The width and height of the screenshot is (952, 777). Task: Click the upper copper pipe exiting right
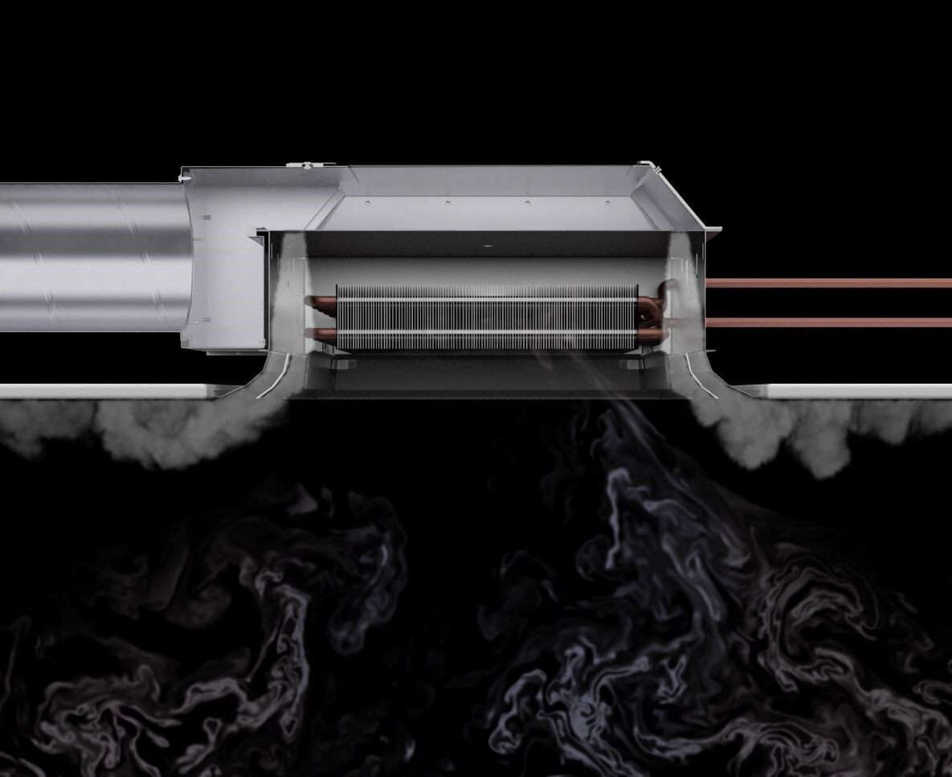point(827,283)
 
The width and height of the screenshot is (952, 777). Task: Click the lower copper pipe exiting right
point(827,322)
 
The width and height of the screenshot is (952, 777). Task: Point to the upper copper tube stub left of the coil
point(321,301)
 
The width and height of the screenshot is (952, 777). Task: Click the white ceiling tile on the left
point(104,391)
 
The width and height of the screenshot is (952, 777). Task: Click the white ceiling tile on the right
point(860,391)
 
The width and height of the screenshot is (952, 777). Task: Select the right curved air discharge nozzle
point(707,378)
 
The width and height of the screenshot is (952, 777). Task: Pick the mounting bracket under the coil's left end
point(341,363)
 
